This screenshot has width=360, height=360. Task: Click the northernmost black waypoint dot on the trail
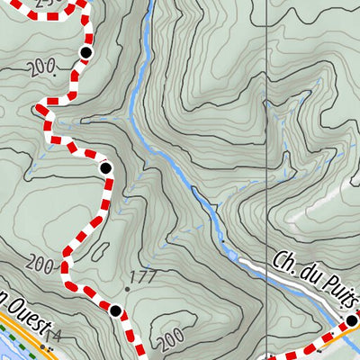[x=85, y=53]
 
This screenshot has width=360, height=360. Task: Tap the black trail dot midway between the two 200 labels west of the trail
[x=105, y=167]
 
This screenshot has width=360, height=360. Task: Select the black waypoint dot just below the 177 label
[x=115, y=311]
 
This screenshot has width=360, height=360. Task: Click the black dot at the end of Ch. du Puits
[x=352, y=320]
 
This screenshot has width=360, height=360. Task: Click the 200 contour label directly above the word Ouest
[x=40, y=263]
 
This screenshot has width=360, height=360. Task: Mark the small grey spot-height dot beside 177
[x=127, y=290]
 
